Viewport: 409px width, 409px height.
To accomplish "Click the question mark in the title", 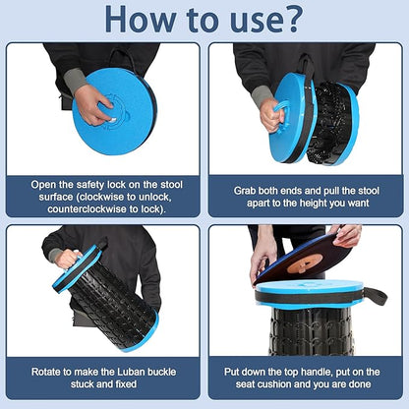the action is (289, 19).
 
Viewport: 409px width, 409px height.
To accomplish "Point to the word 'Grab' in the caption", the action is (245, 191).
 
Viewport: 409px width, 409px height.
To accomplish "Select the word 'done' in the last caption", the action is (360, 384).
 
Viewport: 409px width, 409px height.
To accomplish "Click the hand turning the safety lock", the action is (93, 104).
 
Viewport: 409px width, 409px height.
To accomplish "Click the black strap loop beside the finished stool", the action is (377, 296).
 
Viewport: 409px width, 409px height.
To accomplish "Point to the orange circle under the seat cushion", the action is (305, 263).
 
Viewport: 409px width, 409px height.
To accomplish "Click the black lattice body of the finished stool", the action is (311, 331).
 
